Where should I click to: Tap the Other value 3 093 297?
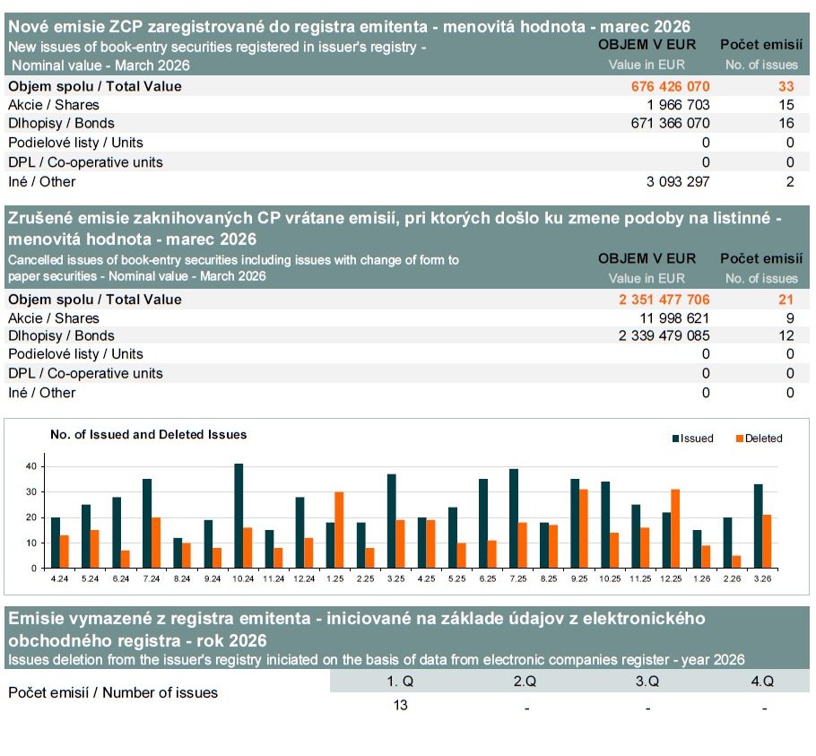pyautogui.click(x=677, y=182)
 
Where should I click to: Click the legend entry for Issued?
pyautogui.click(x=693, y=439)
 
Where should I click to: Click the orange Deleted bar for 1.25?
pyautogui.click(x=339, y=530)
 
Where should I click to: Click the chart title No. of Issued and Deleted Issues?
pyautogui.click(x=148, y=435)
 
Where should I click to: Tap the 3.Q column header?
pyautogui.click(x=647, y=682)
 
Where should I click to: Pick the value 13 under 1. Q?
pyautogui.click(x=400, y=705)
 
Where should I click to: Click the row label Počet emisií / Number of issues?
pyautogui.click(x=113, y=692)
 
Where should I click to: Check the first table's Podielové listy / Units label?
pyautogui.click(x=75, y=143)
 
